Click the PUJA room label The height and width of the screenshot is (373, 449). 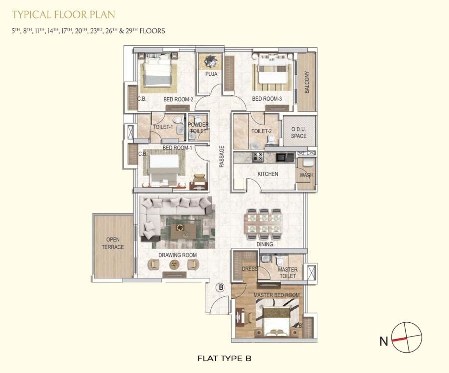pos(211,74)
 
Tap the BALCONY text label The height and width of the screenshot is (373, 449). pos(307,82)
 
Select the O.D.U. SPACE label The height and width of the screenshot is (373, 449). pos(299,133)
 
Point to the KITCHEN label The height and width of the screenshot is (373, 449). pos(268,174)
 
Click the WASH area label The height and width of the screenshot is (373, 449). pos(306,175)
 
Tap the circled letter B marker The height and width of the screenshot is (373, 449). pos(220,287)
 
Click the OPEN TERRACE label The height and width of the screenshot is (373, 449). pos(113,243)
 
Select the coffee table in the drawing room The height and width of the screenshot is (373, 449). pos(183,230)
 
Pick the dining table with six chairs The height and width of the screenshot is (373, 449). pos(264,224)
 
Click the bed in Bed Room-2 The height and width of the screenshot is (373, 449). pos(158,70)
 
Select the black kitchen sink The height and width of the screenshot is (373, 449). pos(285,157)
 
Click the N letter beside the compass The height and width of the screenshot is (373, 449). pos(384,341)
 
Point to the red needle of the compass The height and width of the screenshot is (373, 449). pos(400,339)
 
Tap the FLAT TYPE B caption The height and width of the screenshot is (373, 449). pos(224,358)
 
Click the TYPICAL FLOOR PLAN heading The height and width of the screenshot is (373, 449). pos(63,14)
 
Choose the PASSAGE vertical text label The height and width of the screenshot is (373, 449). pos(221,156)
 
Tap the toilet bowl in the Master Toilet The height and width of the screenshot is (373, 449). pos(279,260)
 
